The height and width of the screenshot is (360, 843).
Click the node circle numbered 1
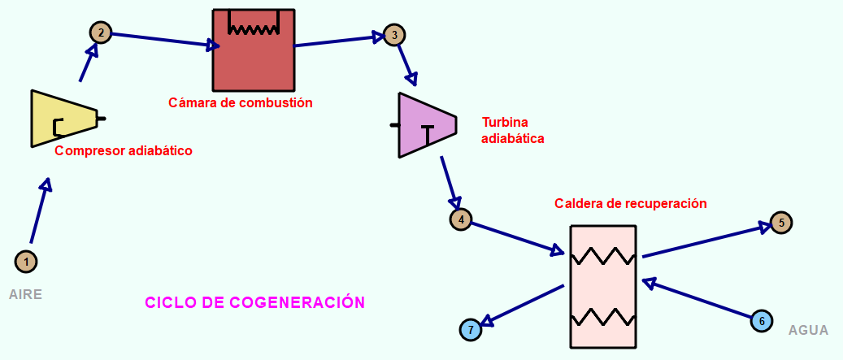[26, 262]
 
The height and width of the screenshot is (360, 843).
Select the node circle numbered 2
[101, 33]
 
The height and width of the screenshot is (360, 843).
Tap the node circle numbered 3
[394, 35]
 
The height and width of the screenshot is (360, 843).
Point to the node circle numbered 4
[461, 219]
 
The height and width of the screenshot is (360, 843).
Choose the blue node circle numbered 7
[471, 330]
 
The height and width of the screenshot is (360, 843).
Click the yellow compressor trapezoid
[62, 119]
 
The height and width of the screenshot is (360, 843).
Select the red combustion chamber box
[253, 61]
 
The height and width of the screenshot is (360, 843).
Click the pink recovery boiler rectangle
[602, 286]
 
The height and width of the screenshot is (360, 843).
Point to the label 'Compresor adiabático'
[124, 151]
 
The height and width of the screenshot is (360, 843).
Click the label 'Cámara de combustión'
[241, 103]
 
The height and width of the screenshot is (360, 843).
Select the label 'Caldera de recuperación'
[631, 202]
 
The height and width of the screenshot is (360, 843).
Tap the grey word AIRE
[25, 294]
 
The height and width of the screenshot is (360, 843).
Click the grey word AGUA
[808, 331]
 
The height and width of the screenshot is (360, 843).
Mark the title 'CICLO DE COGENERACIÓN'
[254, 302]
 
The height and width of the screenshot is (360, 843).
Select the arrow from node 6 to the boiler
[699, 299]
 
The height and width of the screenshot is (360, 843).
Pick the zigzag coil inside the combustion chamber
[253, 28]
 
